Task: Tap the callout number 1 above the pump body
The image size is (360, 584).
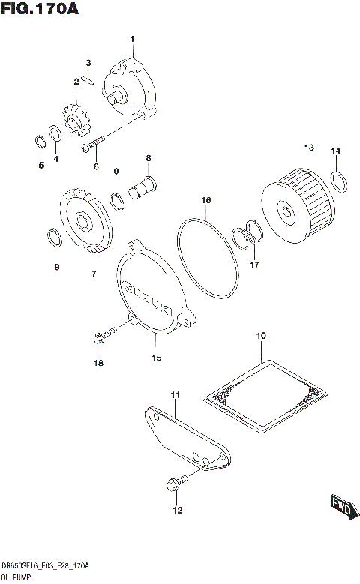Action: coord(132,38)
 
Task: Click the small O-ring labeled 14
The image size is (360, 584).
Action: coord(337,181)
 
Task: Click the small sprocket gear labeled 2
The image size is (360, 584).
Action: coord(76,118)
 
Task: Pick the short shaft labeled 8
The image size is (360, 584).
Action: coord(142,187)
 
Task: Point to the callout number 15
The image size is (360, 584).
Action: coord(156,358)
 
